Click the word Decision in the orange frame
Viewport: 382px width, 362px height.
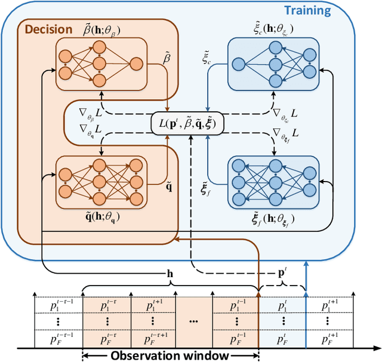pyautogui.click(x=45, y=28)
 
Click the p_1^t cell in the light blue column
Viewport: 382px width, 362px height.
pyautogui.click(x=283, y=305)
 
